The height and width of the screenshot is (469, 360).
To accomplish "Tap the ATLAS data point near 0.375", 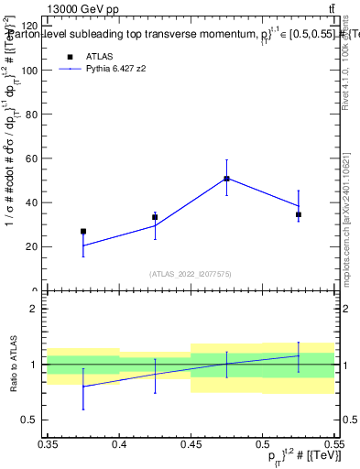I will pyautogui.click(x=83, y=232).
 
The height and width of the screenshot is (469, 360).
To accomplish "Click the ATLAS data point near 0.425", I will pyautogui.click(x=155, y=217).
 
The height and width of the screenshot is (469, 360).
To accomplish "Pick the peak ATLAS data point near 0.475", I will pyautogui.click(x=226, y=179).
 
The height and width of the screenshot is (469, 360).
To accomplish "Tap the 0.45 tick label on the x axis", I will pyautogui.click(x=191, y=445).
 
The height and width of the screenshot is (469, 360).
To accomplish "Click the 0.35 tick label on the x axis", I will pyautogui.click(x=48, y=445).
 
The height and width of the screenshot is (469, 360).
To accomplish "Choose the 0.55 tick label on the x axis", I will pyautogui.click(x=332, y=445).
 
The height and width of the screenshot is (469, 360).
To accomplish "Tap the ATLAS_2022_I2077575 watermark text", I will pyautogui.click(x=191, y=274).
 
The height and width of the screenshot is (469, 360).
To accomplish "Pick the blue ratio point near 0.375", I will pyautogui.click(x=83, y=387).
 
